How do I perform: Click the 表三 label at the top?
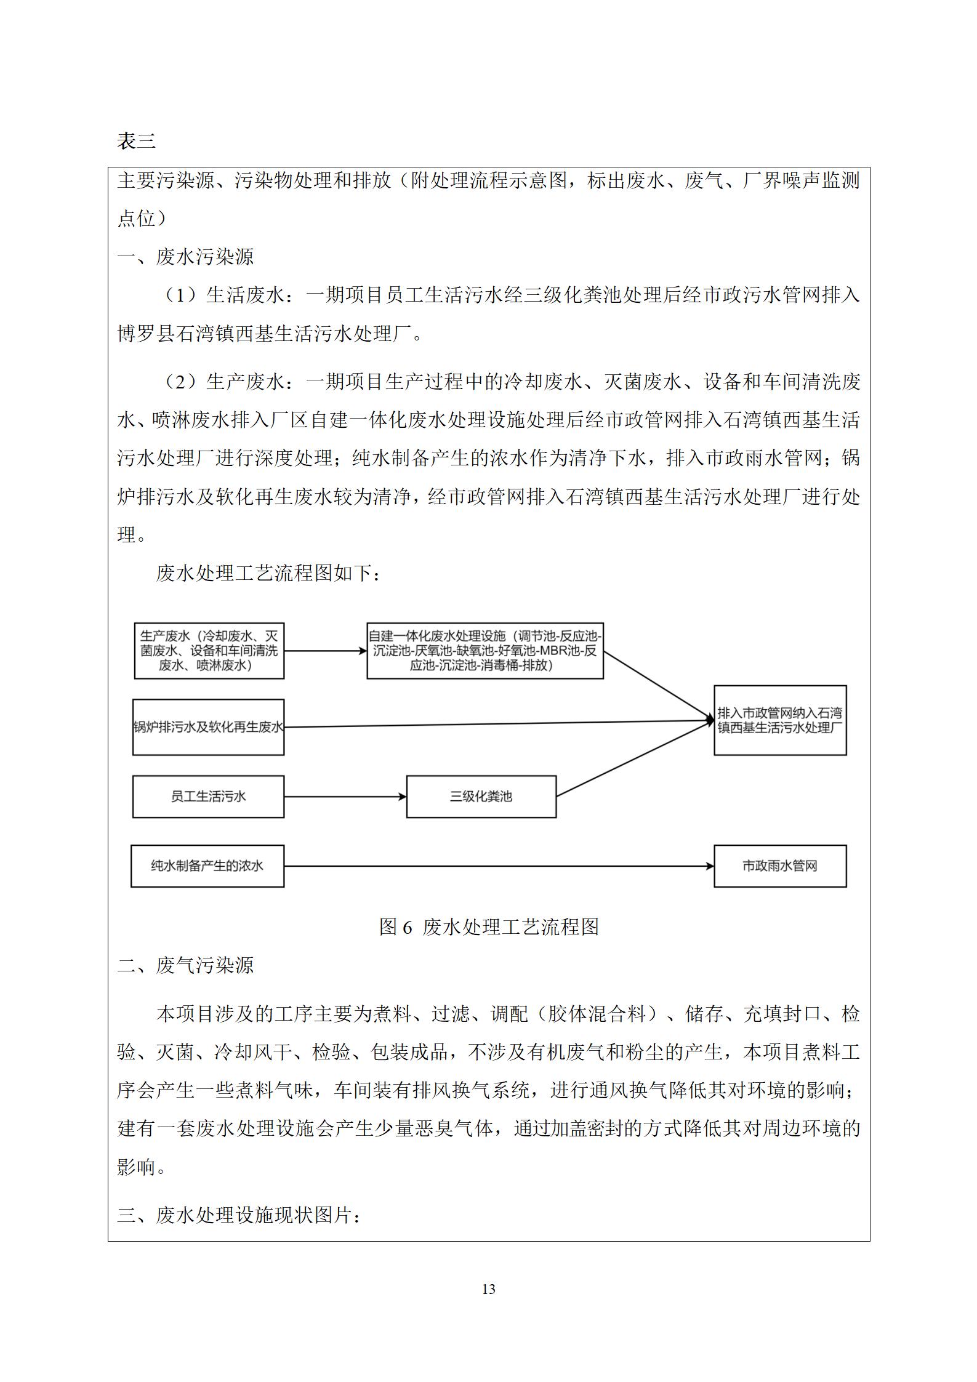coord(136,142)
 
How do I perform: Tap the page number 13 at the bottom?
coord(488,1288)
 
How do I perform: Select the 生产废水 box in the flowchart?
coord(209,651)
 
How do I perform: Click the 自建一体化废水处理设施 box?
coord(484,651)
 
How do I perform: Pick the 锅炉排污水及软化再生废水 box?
coord(208,727)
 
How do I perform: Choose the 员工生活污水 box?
coord(208,797)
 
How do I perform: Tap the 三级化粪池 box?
coord(481,797)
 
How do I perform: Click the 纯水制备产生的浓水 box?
coord(207,866)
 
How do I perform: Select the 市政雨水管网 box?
coord(779,866)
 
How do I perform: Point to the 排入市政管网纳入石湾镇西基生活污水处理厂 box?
coord(779,720)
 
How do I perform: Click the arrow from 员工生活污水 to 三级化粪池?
coord(345,797)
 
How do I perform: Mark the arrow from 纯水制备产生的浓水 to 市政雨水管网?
coord(499,866)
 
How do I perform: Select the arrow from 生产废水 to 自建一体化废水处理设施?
coord(325,651)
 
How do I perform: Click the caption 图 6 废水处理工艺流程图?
coord(489,926)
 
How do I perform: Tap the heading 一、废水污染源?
coord(185,257)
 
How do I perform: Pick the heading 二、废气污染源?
coord(185,965)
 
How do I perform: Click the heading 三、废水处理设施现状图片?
coord(239,1215)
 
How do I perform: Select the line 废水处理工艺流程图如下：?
coord(268,573)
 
